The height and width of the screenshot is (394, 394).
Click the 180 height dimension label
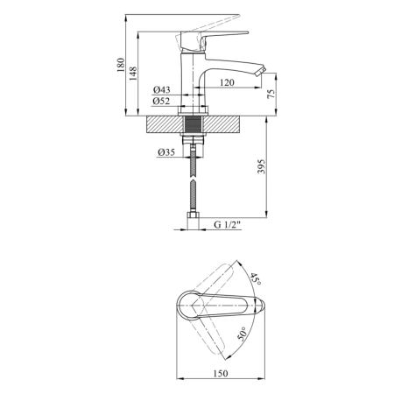point(121,65)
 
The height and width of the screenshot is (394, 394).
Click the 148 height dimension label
point(133,74)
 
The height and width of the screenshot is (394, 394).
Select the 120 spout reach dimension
point(227,82)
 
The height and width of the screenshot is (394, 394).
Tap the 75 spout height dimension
point(271,94)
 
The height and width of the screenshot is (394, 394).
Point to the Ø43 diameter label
point(161,89)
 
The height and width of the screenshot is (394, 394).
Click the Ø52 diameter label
point(161,101)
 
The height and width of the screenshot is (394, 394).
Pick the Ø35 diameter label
point(166,152)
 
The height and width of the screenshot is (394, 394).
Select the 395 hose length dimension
point(262,166)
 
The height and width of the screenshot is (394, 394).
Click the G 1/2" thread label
point(227,225)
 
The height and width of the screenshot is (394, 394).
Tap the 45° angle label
point(256,279)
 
